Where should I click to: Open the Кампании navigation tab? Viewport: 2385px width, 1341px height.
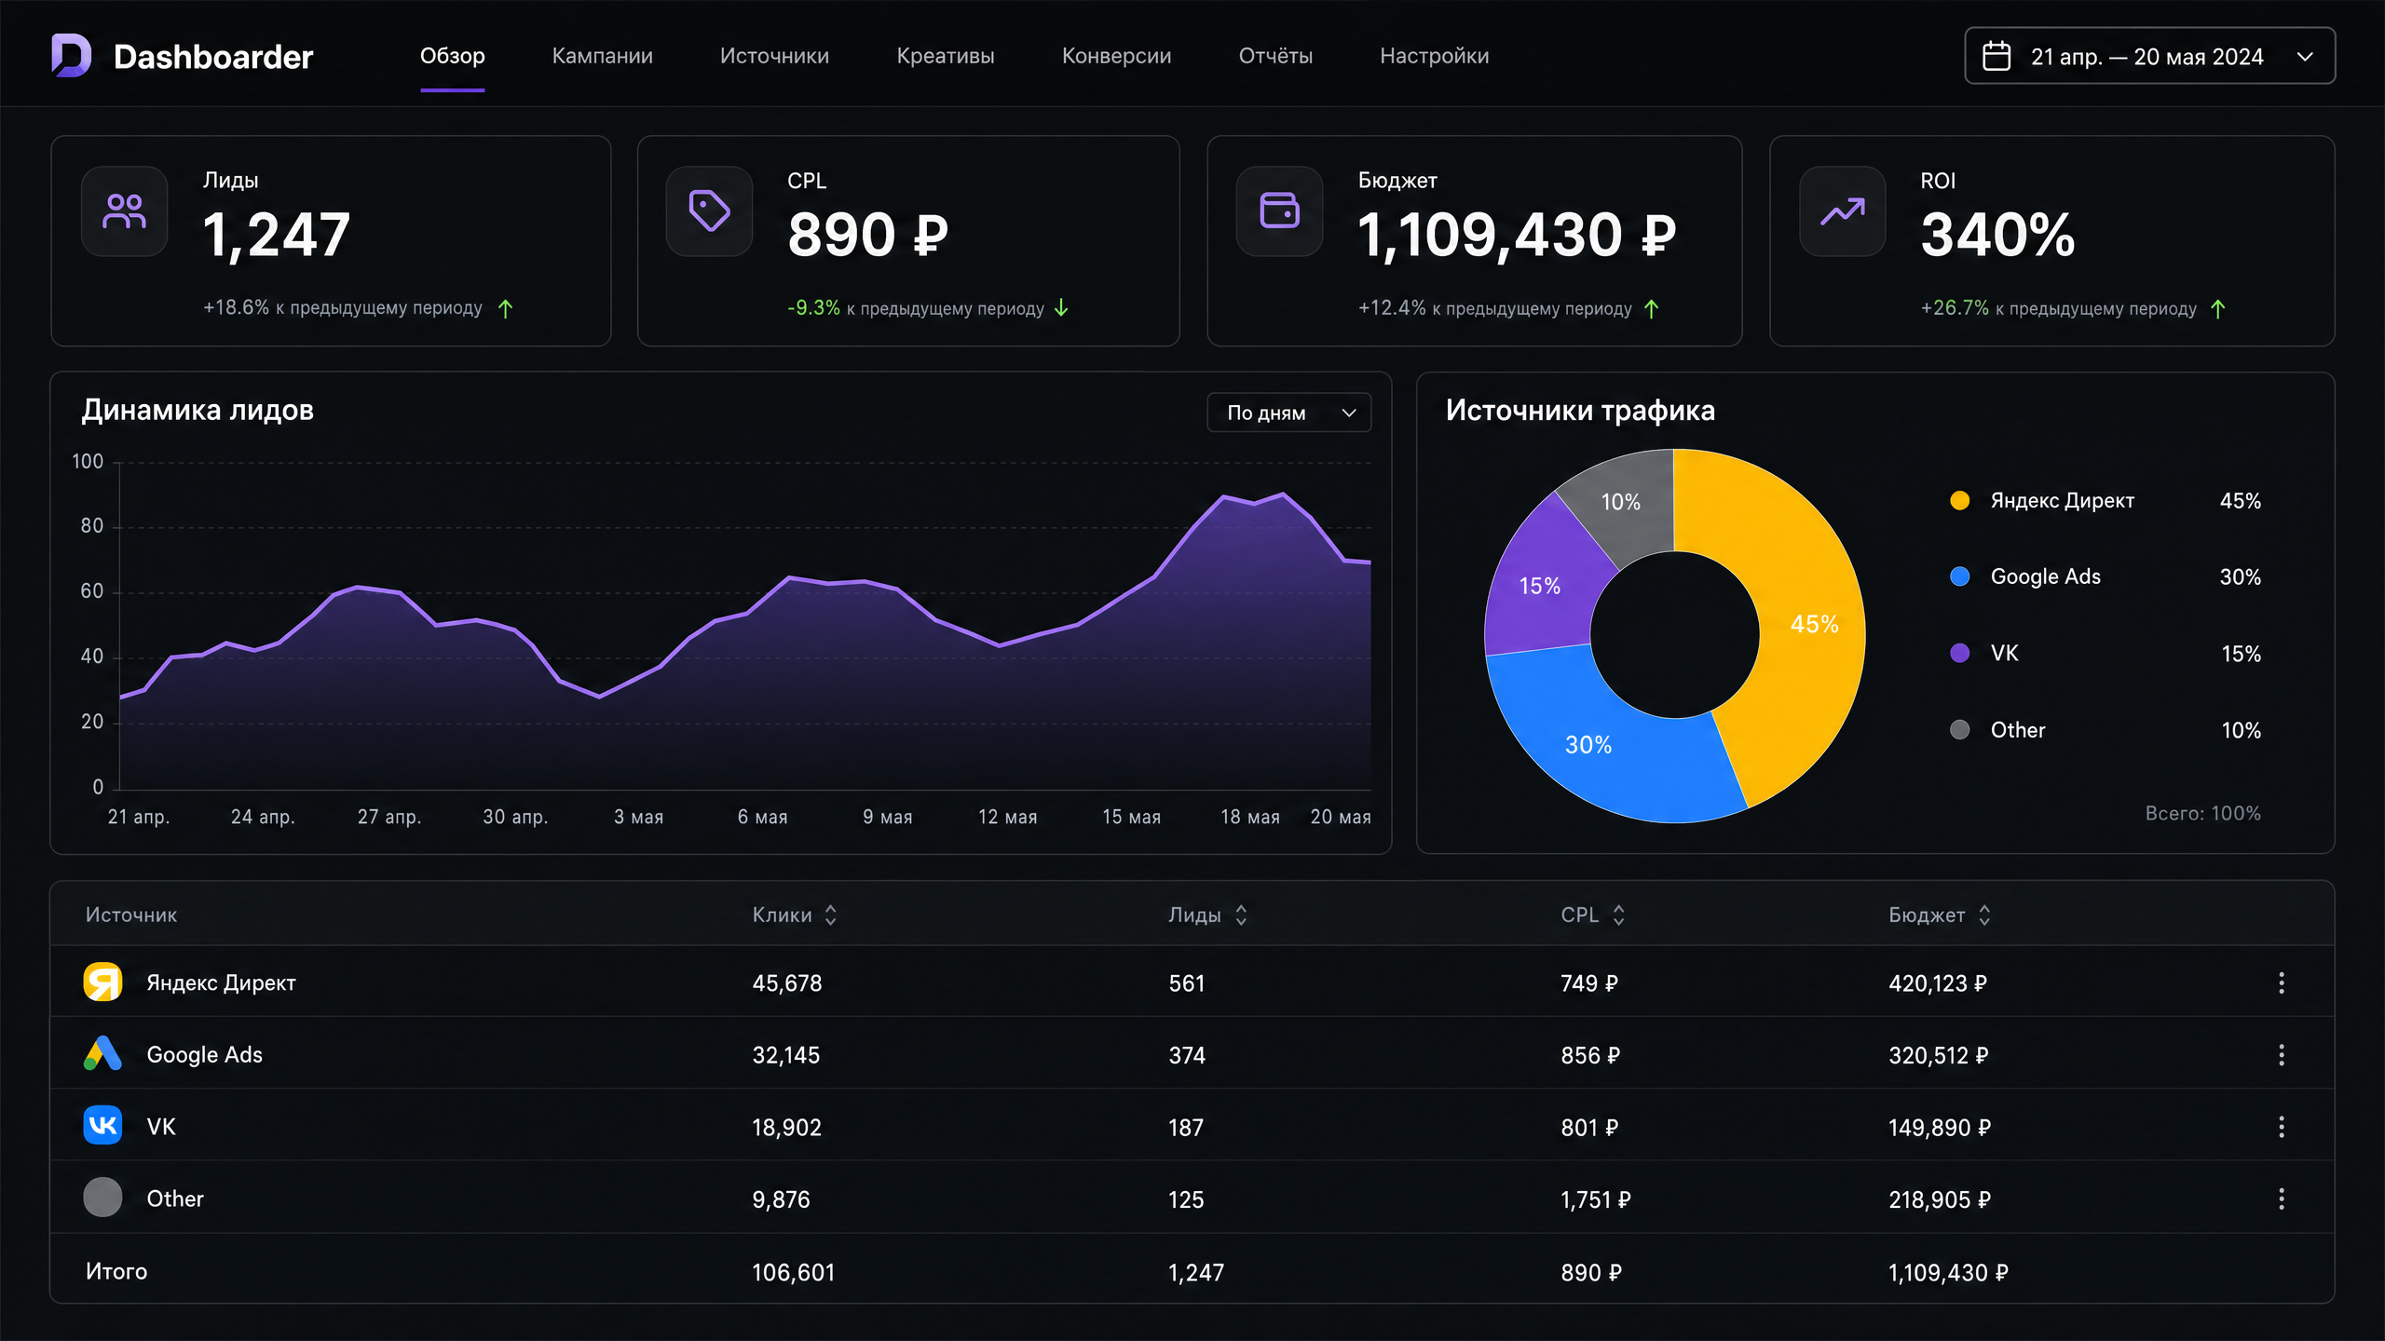tap(602, 56)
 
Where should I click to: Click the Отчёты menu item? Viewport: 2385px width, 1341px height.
tap(1275, 56)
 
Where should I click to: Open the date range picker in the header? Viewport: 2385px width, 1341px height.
tap(2149, 56)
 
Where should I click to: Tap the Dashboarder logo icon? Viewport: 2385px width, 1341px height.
tap(71, 56)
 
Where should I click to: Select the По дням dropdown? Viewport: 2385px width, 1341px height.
tap(1288, 413)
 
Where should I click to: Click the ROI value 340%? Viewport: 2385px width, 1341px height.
tap(1997, 234)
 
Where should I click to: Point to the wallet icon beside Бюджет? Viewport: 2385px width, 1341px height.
tap(1279, 210)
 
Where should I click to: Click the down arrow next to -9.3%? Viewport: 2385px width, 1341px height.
tap(1061, 308)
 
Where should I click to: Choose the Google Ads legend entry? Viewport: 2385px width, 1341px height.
tap(2045, 576)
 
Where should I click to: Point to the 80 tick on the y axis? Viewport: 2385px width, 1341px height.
tap(92, 526)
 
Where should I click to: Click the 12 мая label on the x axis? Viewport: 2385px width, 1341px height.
tap(1007, 817)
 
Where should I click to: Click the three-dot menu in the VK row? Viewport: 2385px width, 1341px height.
tap(2282, 1127)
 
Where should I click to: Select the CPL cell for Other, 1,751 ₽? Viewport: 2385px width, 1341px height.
tap(1595, 1199)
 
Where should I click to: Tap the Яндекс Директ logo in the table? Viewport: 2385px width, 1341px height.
tap(102, 982)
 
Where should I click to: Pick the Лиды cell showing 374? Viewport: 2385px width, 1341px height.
tap(1187, 1055)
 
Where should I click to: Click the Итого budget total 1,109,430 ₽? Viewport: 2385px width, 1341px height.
tap(1948, 1272)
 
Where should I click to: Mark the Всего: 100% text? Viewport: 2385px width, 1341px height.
tap(2202, 813)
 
